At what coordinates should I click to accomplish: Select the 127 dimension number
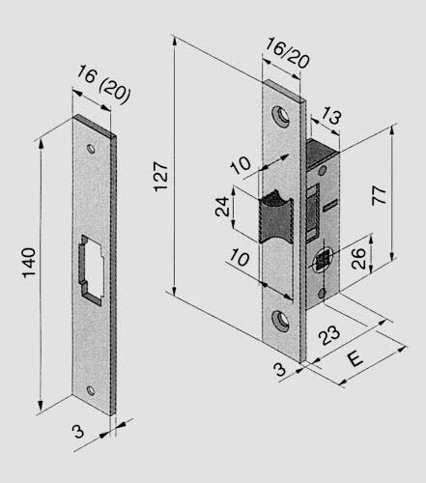point(161,173)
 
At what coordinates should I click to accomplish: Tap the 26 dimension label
point(356,257)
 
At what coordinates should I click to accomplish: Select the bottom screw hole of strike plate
point(93,390)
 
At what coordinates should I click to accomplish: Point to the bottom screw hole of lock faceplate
point(283,319)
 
